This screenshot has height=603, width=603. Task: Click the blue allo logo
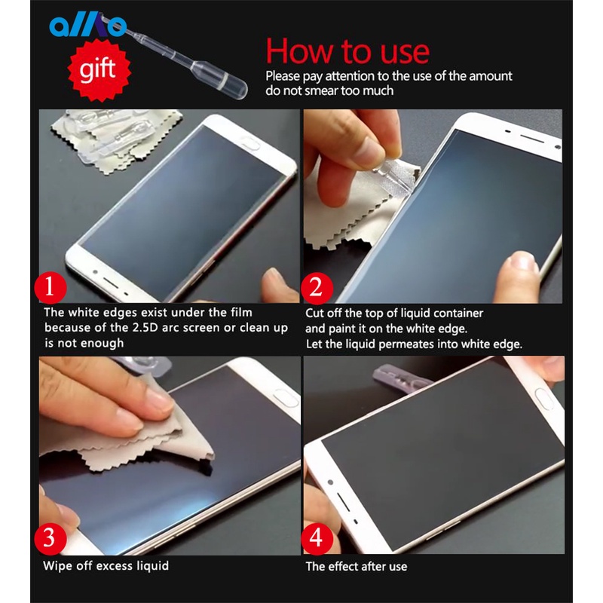(x=87, y=26)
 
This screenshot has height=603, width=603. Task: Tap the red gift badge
(x=99, y=70)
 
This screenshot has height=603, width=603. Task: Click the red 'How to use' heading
(x=347, y=51)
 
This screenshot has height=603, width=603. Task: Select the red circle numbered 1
(x=50, y=287)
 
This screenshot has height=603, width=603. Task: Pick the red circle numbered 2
(x=317, y=288)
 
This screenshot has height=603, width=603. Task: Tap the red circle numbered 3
(x=50, y=538)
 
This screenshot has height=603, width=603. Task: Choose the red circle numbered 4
(x=317, y=538)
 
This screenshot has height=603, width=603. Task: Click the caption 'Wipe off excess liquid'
(x=106, y=566)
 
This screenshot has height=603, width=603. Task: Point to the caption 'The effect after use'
(x=356, y=567)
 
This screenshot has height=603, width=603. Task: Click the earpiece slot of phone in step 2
(x=532, y=139)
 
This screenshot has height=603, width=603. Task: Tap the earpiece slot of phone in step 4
(x=344, y=501)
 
